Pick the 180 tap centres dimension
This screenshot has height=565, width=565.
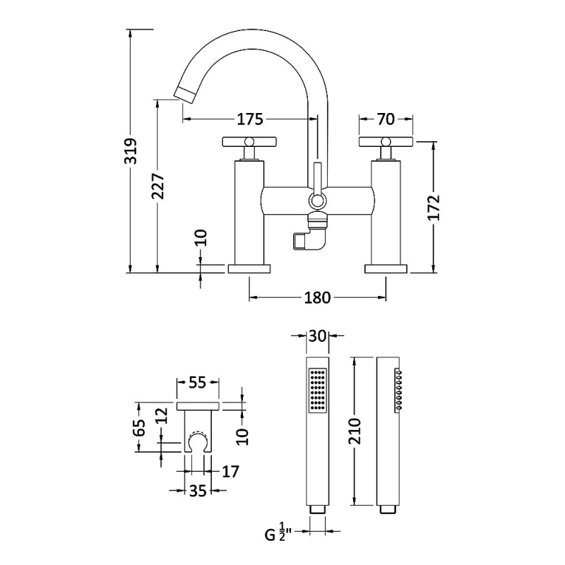click(317, 297)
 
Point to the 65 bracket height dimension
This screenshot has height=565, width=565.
click(139, 429)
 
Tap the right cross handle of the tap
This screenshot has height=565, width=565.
click(386, 141)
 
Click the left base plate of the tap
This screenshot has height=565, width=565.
click(249, 268)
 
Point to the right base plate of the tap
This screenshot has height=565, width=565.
click(386, 268)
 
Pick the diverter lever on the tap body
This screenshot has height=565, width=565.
click(317, 185)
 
